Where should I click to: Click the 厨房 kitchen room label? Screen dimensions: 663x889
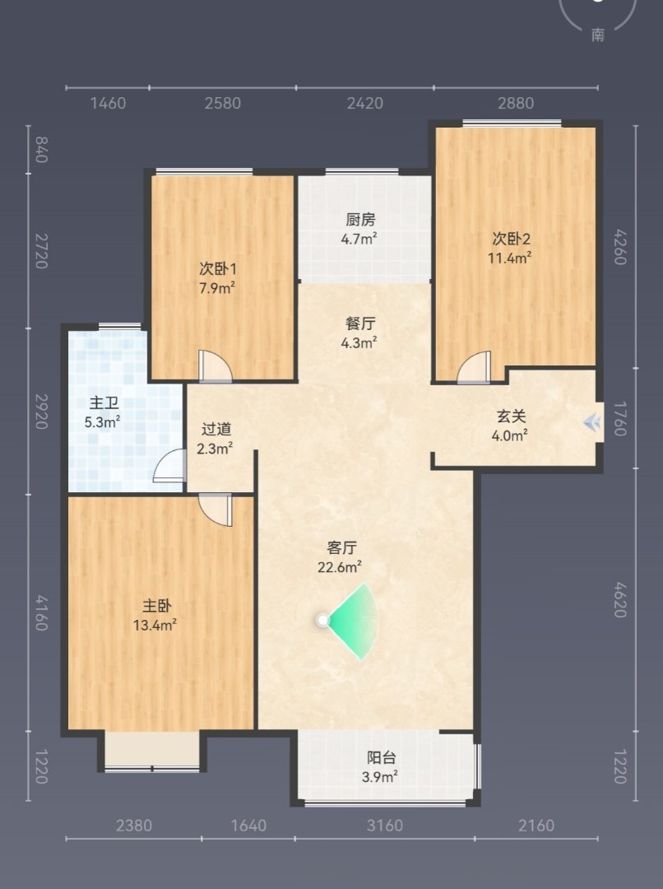click(360, 220)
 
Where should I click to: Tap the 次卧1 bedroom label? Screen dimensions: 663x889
click(218, 268)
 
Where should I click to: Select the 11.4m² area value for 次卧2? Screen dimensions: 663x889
click(509, 258)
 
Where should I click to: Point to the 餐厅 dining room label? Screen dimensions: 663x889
click(360, 323)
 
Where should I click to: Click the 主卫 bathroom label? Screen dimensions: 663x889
click(104, 403)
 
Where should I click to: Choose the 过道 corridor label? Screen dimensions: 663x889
click(216, 429)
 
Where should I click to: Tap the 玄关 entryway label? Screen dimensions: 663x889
click(511, 417)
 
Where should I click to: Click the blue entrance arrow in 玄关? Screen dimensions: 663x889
click(592, 421)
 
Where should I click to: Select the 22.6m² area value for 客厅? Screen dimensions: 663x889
click(340, 567)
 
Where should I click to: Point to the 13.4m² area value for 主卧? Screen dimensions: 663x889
click(155, 626)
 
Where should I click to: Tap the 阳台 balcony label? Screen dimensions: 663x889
click(382, 757)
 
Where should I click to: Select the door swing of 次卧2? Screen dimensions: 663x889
click(475, 367)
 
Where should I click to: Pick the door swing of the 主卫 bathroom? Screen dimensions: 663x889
click(169, 466)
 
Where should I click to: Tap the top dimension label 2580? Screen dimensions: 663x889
click(223, 103)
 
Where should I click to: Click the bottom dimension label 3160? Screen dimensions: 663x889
click(385, 825)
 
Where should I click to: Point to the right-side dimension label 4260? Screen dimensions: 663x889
click(620, 247)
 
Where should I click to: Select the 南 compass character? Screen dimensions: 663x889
click(598, 35)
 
